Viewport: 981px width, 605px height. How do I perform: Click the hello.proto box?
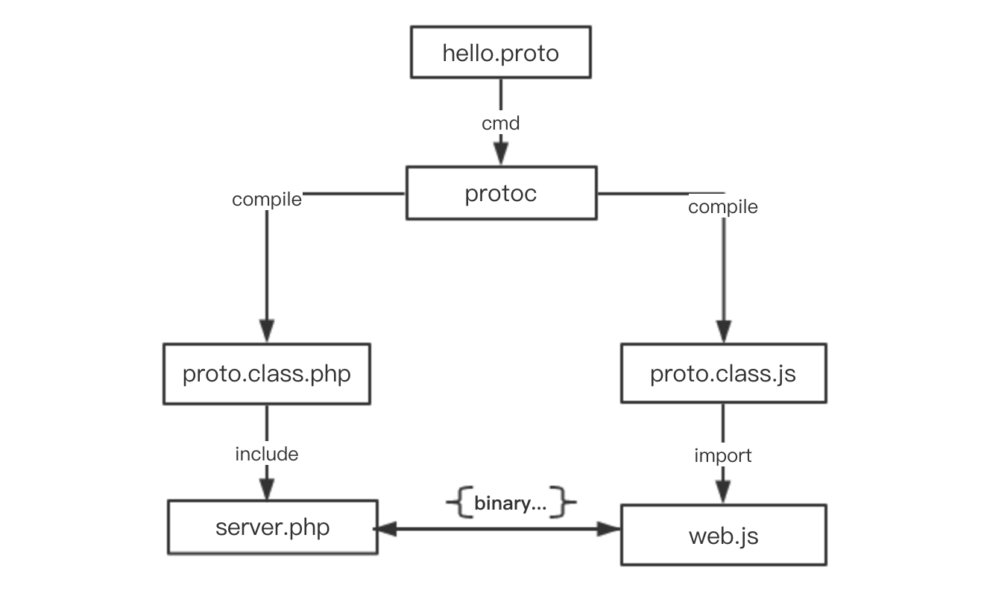coord(500,52)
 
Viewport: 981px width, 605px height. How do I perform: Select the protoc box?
coord(500,193)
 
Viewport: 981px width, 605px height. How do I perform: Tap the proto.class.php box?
coord(266,373)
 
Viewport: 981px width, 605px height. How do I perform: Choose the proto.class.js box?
coord(723,373)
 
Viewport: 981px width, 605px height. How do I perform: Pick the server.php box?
coord(272,528)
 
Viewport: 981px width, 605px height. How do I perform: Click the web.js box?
coord(723,535)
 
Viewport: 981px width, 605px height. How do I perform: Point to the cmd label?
coord(500,123)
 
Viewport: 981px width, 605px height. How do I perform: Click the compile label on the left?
coord(267,200)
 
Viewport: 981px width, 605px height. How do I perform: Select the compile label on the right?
coord(722,207)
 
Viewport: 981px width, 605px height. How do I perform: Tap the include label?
coord(267,454)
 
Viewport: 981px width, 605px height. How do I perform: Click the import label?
coord(722,455)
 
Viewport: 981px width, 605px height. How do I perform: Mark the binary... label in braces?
coord(511,504)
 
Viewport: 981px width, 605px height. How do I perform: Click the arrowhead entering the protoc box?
coord(500,154)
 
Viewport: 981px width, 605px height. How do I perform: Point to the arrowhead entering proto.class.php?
coord(267,330)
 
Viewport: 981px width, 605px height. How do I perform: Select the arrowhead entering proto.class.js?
coord(723,331)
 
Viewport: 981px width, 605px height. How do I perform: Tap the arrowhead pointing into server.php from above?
coord(267,488)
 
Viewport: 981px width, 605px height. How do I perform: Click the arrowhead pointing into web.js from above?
coord(723,492)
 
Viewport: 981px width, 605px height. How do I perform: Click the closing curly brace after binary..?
coord(568,504)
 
